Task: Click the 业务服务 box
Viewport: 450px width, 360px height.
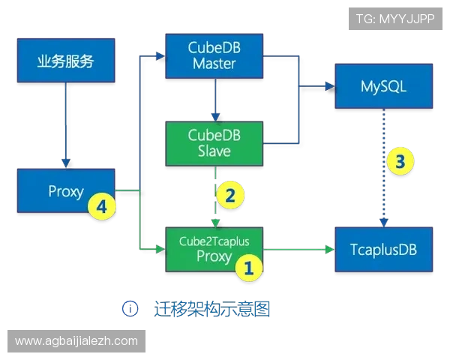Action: [x=66, y=61]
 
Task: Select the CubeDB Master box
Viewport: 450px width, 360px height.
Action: [x=214, y=55]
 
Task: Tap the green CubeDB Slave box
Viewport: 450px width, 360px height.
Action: [x=214, y=142]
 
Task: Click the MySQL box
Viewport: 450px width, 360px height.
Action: [x=383, y=87]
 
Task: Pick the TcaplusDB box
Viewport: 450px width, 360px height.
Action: [x=383, y=248]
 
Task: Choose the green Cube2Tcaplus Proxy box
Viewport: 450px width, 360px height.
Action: [x=214, y=248]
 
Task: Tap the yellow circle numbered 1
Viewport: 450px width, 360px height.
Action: [x=249, y=267]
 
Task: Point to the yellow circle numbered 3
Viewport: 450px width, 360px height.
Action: [x=400, y=160]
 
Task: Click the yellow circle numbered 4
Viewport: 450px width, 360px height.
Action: [x=101, y=206]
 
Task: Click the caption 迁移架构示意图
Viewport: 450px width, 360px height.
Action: [x=209, y=307]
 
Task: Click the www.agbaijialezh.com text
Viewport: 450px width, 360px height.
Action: [x=76, y=340]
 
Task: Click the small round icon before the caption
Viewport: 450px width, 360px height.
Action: [x=130, y=307]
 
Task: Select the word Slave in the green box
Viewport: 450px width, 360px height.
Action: [x=214, y=151]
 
